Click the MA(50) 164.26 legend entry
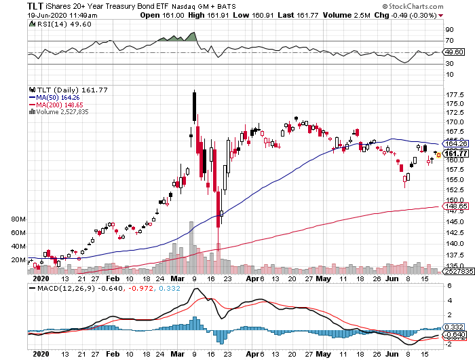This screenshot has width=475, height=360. pos(52,97)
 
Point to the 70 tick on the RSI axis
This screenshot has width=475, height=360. pos(449,41)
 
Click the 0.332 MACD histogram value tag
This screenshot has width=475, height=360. pos(452,327)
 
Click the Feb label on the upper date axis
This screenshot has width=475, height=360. pos(112,278)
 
